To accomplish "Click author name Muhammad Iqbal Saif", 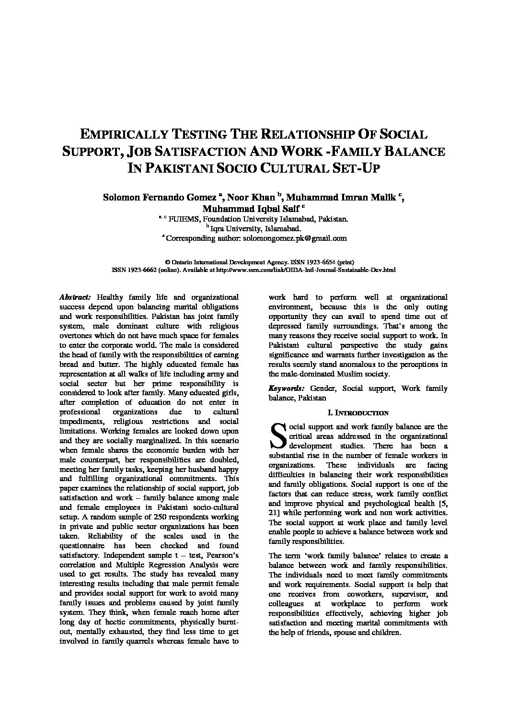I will tap(251, 209).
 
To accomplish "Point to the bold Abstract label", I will tap(75, 297).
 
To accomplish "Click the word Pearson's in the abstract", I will tap(220, 555).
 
